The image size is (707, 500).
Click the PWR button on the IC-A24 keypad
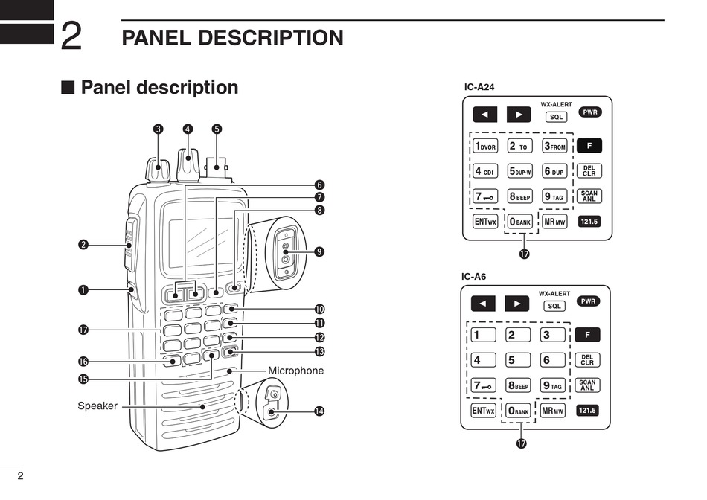[590, 112]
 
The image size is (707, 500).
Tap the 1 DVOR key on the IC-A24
[485, 146]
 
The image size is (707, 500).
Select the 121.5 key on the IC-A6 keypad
[588, 410]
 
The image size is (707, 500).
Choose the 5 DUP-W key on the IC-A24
[520, 171]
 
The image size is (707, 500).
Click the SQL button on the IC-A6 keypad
[555, 306]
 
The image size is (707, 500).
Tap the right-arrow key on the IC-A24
[519, 115]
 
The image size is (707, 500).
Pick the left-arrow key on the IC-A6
[484, 304]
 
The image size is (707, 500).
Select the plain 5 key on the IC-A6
[519, 360]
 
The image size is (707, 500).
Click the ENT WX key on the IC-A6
[484, 410]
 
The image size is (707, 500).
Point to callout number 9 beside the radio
[319, 251]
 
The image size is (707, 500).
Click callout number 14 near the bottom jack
[319, 411]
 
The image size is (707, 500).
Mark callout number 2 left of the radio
[84, 244]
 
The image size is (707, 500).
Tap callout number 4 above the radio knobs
[188, 129]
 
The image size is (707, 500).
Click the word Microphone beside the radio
[295, 371]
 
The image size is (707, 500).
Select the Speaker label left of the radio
[97, 406]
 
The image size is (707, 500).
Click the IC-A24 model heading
[479, 87]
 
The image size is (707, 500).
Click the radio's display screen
[197, 239]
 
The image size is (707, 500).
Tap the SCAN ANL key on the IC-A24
[589, 196]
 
